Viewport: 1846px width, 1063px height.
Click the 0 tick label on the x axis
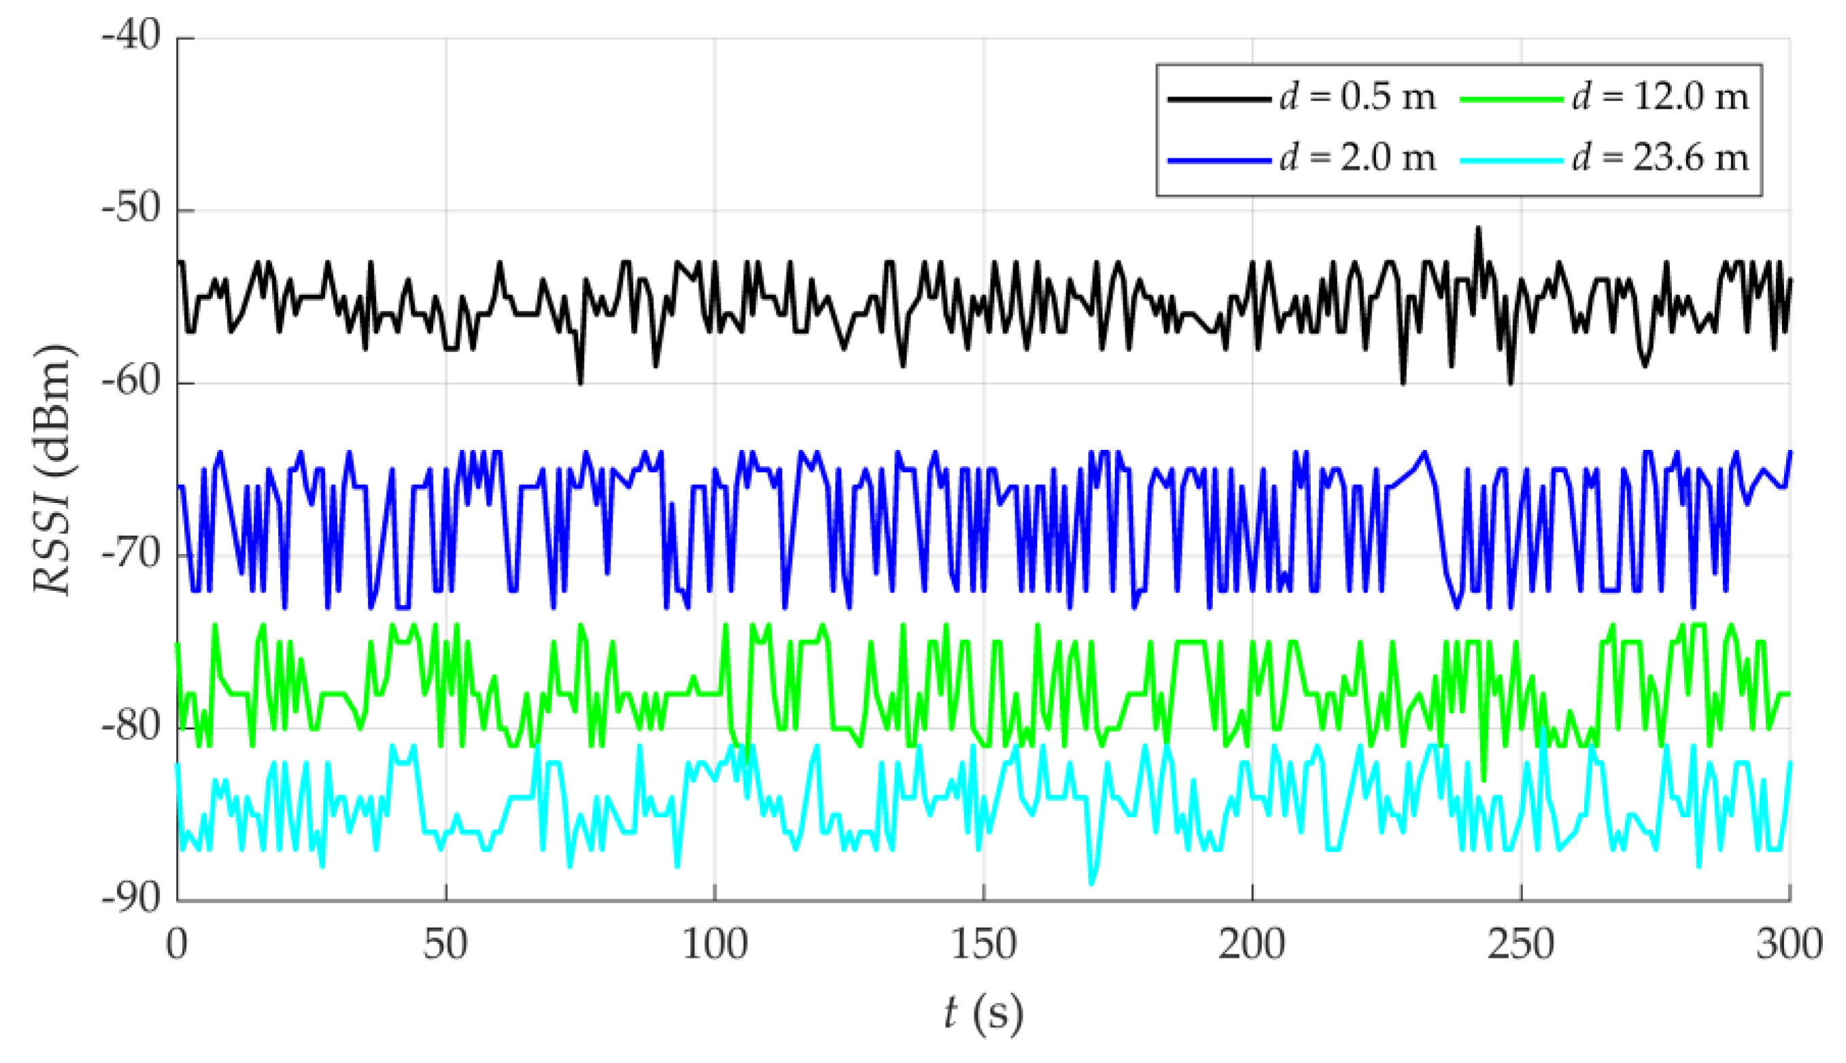point(177,945)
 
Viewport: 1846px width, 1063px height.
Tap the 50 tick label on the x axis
point(445,945)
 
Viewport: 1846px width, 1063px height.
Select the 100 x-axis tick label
point(714,945)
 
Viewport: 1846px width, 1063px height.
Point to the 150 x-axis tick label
point(983,945)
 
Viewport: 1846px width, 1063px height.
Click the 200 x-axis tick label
point(1252,945)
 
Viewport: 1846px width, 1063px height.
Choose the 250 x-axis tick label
point(1521,945)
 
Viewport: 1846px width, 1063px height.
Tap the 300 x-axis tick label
point(1789,945)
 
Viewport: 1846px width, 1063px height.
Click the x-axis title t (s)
point(983,1013)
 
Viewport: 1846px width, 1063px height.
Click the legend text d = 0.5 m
point(1358,97)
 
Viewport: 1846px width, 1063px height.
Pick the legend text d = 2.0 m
point(1358,158)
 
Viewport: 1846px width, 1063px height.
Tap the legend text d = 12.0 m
point(1660,97)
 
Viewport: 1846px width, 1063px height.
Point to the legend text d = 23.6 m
point(1660,158)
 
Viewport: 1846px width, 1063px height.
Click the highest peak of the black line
point(1479,228)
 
